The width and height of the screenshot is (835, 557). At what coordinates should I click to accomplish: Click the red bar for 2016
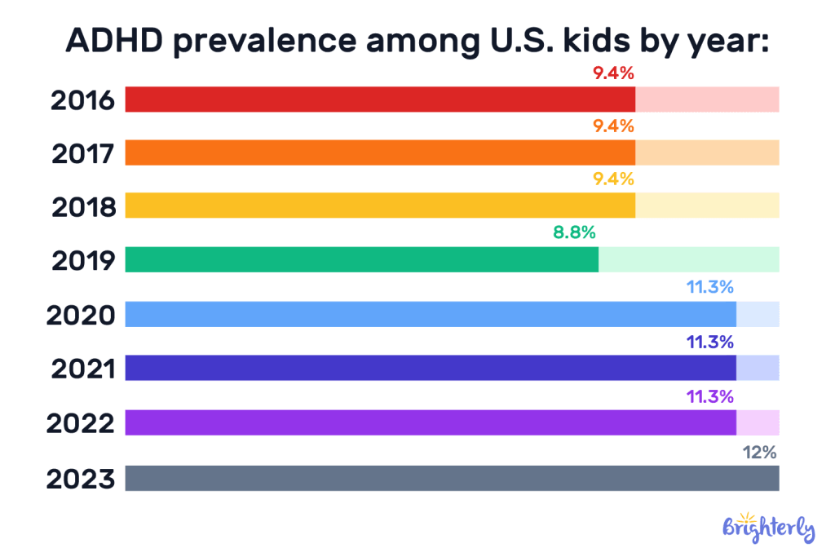380,99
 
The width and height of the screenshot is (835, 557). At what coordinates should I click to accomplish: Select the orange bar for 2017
380,153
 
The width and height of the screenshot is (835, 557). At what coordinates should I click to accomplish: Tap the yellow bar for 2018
380,206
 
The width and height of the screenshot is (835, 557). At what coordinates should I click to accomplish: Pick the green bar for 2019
361,259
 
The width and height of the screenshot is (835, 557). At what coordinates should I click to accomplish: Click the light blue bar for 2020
431,314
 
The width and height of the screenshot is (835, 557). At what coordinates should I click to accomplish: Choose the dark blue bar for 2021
431,368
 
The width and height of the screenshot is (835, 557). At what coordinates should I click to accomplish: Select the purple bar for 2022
431,422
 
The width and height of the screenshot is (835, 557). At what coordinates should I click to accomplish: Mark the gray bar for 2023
452,478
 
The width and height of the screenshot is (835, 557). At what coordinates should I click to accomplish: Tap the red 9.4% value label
613,73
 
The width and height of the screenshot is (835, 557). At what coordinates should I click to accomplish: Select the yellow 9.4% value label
613,179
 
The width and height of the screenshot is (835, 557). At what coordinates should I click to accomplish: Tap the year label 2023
82,479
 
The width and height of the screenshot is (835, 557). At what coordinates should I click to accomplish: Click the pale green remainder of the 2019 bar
689,259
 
